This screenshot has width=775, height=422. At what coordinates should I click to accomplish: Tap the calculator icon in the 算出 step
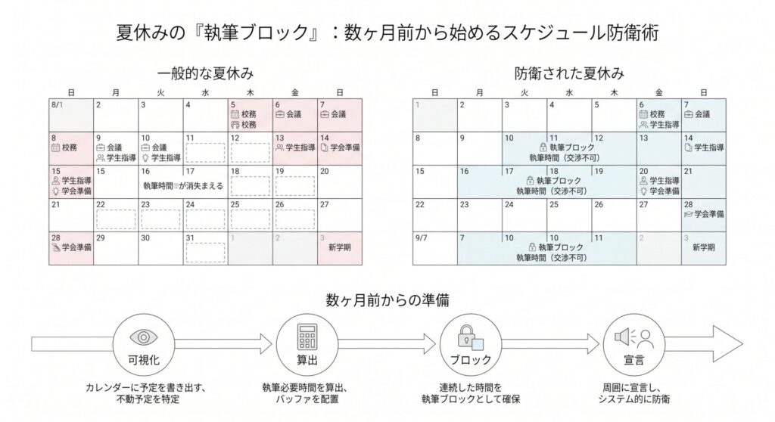pos(306,335)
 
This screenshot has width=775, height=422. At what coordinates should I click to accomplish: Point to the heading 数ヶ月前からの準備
pos(387,299)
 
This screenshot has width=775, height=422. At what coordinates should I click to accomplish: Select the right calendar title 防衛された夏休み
pos(569,74)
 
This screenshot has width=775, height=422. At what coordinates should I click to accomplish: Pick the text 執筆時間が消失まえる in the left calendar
pos(182,185)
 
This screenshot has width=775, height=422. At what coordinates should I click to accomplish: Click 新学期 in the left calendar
pos(340,248)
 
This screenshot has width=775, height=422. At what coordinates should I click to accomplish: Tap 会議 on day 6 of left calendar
pos(294,115)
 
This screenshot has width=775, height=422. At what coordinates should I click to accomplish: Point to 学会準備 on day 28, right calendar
pos(708,215)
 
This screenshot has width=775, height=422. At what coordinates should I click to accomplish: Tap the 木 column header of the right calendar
pos(614,92)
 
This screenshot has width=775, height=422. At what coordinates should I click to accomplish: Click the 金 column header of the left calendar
pos(294,92)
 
